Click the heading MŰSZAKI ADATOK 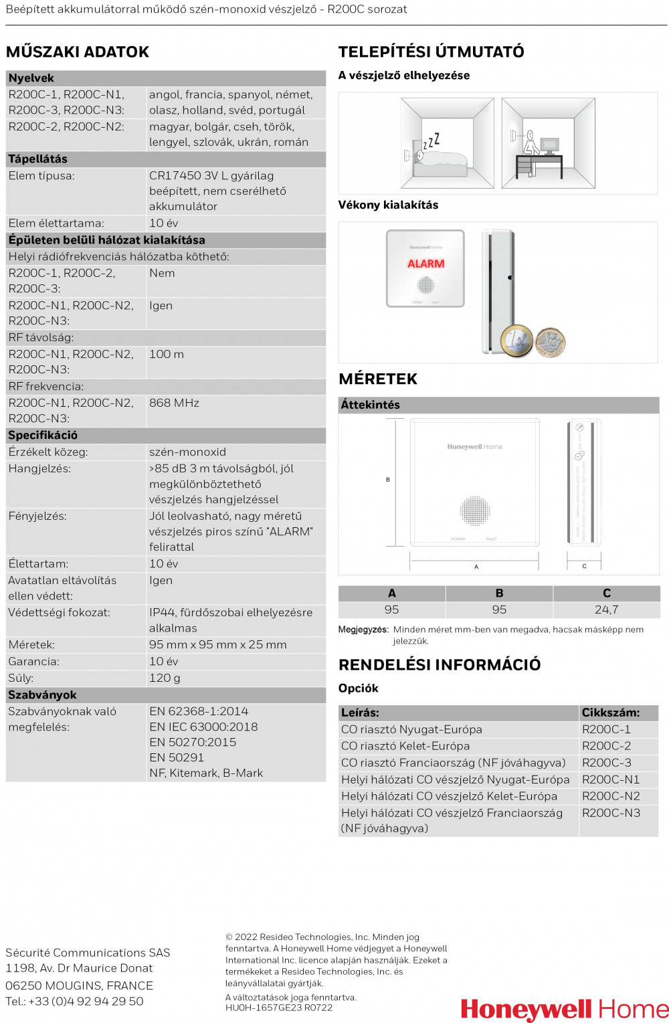coord(78,52)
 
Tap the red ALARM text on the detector coord(426,264)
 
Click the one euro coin coord(516,341)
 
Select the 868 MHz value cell coord(174,403)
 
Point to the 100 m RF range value coord(167,354)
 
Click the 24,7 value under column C coord(606,610)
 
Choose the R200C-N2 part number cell coord(611,796)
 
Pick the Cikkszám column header coord(610,713)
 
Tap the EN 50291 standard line coord(177,757)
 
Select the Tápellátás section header coord(38,159)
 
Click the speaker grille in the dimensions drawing coord(475,511)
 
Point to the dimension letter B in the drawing coord(388,480)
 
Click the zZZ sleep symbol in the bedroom coord(432,141)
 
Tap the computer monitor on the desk coord(549,145)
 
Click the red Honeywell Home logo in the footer coord(564,1009)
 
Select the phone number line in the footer coord(74,1001)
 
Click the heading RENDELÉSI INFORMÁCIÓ coord(440,665)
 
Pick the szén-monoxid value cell coord(187,452)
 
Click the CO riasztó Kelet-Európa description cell coord(405,746)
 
